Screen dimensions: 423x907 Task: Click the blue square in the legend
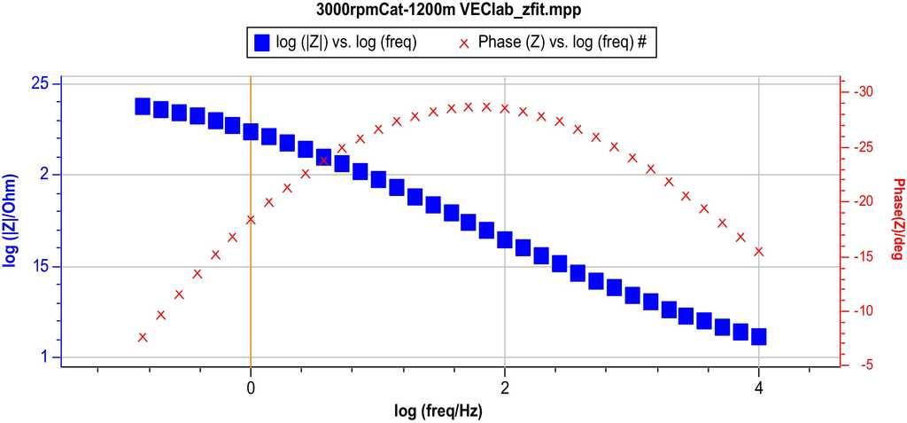261,42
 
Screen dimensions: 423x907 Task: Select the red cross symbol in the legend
462,42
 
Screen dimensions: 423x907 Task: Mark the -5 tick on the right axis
865,364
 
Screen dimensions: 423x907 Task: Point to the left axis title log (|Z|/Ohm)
12,222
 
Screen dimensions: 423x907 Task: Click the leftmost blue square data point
143,106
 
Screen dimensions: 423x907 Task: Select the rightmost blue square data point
759,336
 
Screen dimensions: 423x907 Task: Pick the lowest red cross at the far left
143,337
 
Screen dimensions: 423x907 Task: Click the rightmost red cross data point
759,252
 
